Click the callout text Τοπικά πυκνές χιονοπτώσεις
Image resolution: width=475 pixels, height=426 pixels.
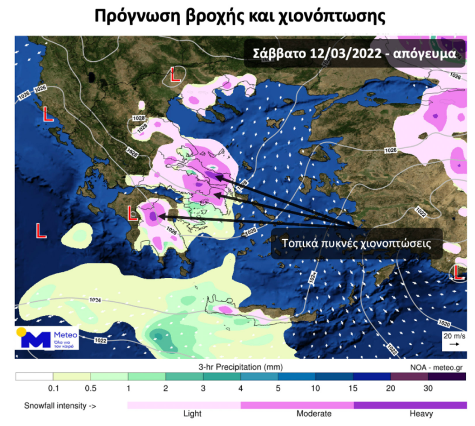point(356,243)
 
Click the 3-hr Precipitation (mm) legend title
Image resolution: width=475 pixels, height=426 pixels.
point(240,367)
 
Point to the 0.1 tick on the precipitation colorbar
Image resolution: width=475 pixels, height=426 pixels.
point(53,388)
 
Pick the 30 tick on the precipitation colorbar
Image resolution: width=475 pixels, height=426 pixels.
point(429,388)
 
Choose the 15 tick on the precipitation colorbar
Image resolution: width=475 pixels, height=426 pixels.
point(353,388)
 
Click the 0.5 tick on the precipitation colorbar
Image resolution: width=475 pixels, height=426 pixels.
point(91,388)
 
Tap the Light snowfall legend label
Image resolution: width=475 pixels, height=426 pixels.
point(192,414)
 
